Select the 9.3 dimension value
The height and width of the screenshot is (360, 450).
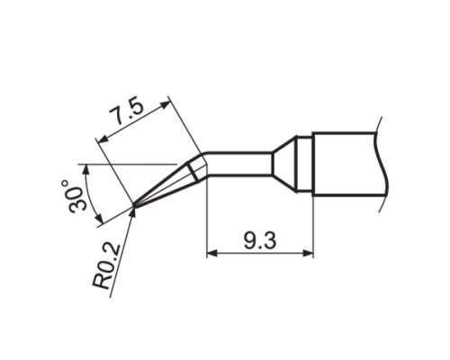click(x=261, y=240)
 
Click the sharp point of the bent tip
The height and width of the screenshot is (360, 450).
click(x=134, y=206)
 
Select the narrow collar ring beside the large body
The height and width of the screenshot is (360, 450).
click(x=306, y=163)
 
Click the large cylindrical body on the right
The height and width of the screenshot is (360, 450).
click(x=346, y=163)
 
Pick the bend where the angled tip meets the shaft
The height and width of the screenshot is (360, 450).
click(x=205, y=164)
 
